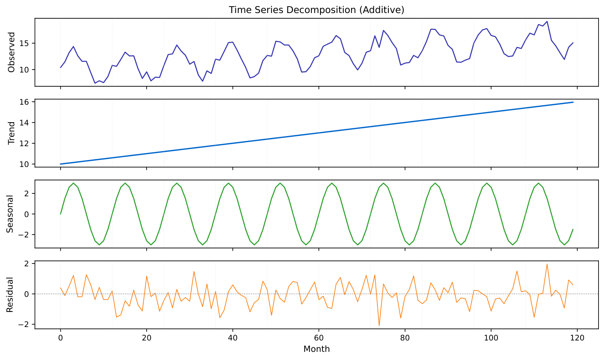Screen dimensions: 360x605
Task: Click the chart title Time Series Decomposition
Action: click(316, 10)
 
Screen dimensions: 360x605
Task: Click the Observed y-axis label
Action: click(11, 52)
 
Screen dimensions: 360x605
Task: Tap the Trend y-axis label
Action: click(11, 133)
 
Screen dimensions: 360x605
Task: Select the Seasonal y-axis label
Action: click(10, 214)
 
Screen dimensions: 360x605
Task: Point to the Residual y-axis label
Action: click(10, 294)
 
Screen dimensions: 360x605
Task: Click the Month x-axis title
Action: click(316, 349)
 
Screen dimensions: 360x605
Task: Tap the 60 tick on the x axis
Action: click(319, 338)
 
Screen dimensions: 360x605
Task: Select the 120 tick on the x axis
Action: click(577, 338)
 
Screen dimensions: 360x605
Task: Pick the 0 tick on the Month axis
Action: click(60, 338)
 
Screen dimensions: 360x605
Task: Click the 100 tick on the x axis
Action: click(491, 338)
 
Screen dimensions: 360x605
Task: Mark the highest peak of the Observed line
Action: click(547, 21)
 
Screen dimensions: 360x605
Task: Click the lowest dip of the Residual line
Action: click(379, 326)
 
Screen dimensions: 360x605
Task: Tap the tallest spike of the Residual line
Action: click(547, 264)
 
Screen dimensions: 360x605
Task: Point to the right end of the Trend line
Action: click(573, 102)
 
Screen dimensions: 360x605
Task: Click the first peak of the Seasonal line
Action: click(73, 183)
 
